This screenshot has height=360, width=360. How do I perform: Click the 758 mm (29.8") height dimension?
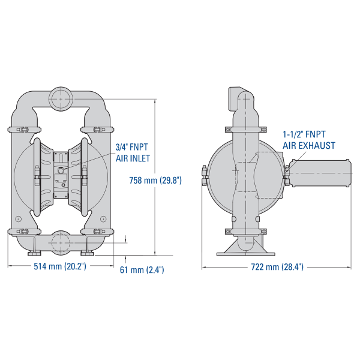pos(155,180)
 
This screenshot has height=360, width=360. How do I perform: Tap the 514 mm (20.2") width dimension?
pos(60,266)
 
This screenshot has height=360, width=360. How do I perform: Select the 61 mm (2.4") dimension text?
pos(142,270)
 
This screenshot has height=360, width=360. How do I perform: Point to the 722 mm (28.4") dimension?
pos(277,267)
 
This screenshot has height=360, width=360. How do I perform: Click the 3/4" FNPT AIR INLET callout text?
pos(133,152)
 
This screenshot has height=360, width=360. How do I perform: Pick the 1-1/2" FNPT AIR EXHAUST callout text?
pos(308,140)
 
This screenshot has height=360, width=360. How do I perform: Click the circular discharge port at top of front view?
pos(61,99)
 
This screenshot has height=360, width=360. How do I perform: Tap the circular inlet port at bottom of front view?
pos(61,242)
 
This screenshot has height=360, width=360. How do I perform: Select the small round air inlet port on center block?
pos(61,170)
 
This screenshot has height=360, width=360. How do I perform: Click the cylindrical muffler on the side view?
pos(320,173)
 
